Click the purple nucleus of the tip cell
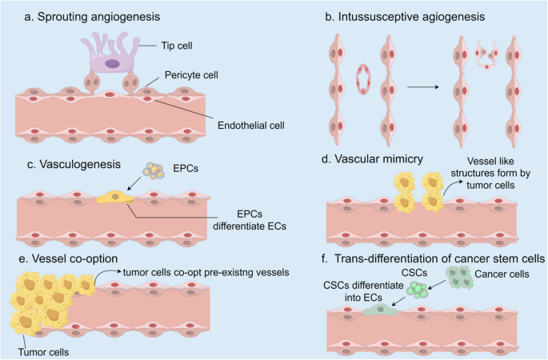pos(112,62)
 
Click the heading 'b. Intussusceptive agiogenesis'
pos(401,14)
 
